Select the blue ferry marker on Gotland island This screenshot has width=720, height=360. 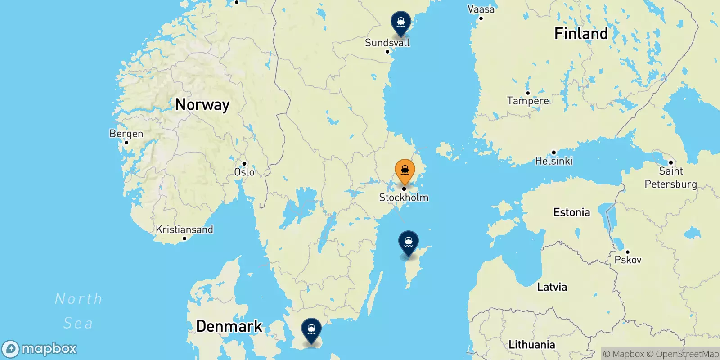point(408,243)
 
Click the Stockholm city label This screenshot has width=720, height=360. point(404,198)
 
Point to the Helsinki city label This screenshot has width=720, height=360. point(553,161)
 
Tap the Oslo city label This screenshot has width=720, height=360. point(244,172)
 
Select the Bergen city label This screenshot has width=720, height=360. point(126,134)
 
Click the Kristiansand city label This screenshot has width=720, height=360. point(184,229)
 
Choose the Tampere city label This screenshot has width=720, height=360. point(528,101)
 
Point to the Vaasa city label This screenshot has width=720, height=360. point(481,9)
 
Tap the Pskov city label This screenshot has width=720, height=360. point(628,260)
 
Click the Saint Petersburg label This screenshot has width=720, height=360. point(670,177)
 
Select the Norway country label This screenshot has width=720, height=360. point(202,105)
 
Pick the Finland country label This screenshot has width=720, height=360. point(581,34)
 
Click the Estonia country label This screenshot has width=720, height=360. point(571,212)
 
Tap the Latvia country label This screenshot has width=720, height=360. point(552,287)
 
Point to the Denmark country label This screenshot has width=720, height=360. point(229,326)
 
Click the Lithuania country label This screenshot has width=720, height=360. point(531,345)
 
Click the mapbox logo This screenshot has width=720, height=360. point(40,349)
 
